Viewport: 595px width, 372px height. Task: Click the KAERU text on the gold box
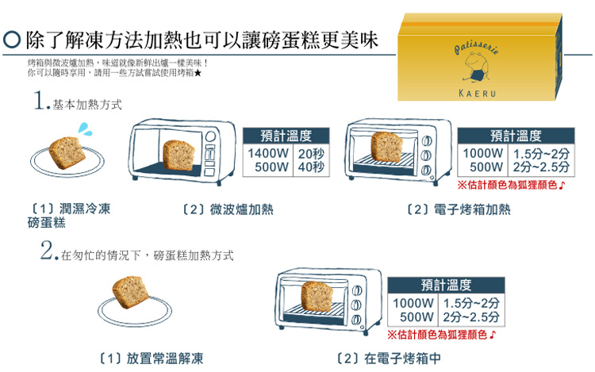coord(478,94)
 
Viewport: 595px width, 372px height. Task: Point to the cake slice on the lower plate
coord(129,293)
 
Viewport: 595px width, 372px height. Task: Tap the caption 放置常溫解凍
coord(160,359)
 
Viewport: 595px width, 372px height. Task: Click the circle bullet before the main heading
coord(12,39)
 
